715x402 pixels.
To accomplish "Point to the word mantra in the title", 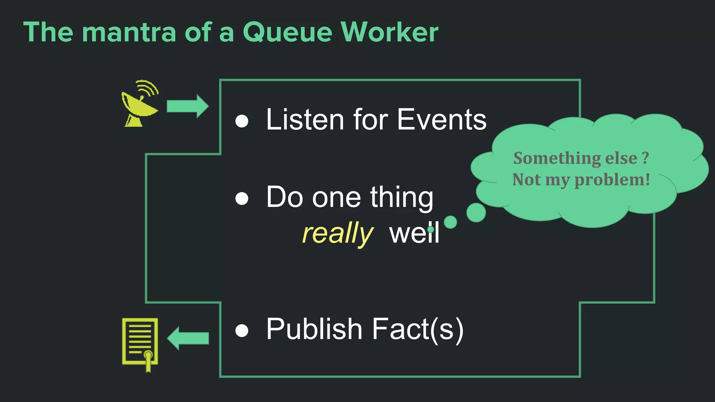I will coord(129,32).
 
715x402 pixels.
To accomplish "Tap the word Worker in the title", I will coord(389,32).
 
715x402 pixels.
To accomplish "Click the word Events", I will coord(442,119).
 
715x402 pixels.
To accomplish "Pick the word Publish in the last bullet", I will coord(314,329).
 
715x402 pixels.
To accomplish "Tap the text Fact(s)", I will coord(418,329).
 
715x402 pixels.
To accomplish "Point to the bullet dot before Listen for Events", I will coord(242,121).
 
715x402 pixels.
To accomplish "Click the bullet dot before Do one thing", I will coord(242,199).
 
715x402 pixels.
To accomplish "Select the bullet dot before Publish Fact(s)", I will coord(242,330).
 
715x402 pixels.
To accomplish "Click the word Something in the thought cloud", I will coord(557,158).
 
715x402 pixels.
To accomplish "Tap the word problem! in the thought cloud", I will coord(612,180).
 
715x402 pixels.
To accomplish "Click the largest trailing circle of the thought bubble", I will coord(476,212).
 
